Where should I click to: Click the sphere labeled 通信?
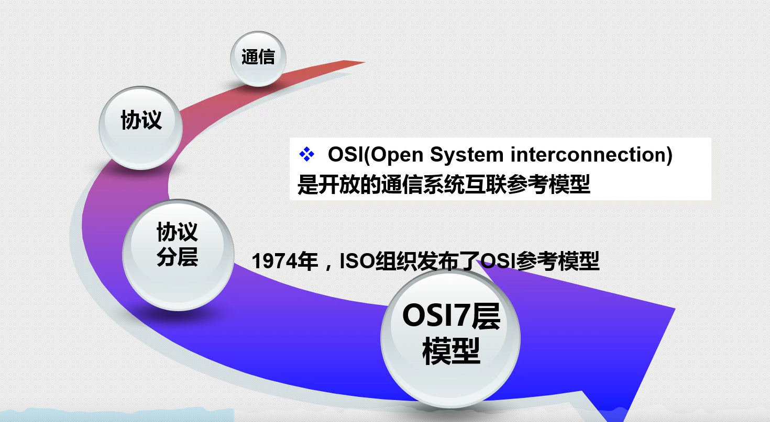click(258, 58)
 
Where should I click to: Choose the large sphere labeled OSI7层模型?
click(450, 335)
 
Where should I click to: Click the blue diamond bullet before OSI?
click(306, 154)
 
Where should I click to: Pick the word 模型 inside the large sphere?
click(451, 352)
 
